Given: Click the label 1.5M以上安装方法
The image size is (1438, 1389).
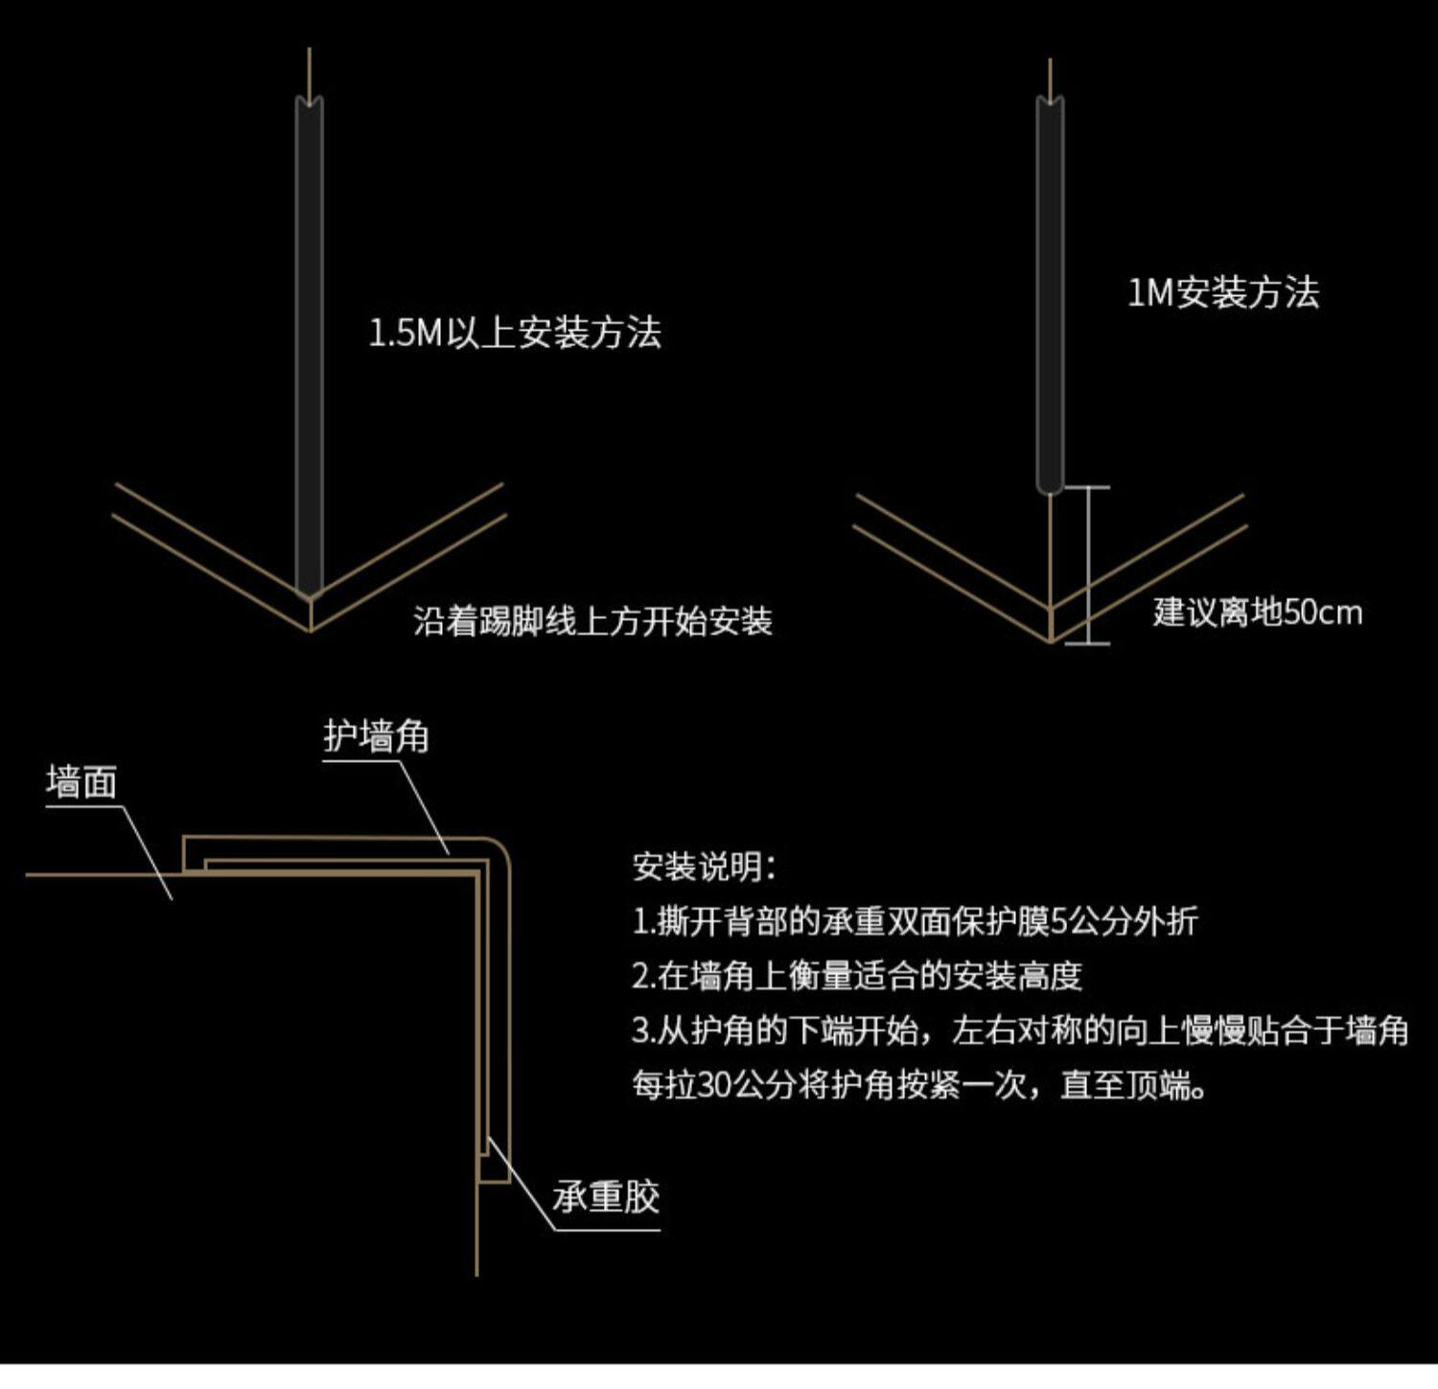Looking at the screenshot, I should click(515, 333).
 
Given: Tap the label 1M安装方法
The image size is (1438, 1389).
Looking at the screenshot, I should click(1222, 292).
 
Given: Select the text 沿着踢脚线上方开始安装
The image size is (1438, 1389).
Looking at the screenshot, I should click(592, 621).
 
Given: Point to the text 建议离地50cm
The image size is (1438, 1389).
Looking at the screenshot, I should click(1257, 612).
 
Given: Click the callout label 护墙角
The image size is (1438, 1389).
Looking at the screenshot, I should click(376, 736).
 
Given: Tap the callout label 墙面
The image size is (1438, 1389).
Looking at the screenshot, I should click(81, 782).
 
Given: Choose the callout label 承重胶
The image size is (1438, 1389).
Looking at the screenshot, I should click(605, 1196).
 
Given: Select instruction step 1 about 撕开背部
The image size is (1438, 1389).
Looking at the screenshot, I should click(915, 921).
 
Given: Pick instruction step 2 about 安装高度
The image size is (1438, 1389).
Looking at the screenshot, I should click(857, 976).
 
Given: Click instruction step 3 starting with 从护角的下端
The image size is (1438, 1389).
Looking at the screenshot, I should click(1019, 1031).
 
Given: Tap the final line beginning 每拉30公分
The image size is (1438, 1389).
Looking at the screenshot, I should click(918, 1086).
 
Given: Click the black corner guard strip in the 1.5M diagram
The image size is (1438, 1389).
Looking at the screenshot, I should click(309, 336).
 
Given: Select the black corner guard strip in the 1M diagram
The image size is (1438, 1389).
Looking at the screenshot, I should click(1050, 288).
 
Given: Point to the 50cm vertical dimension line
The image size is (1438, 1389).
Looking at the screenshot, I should click(1087, 566).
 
